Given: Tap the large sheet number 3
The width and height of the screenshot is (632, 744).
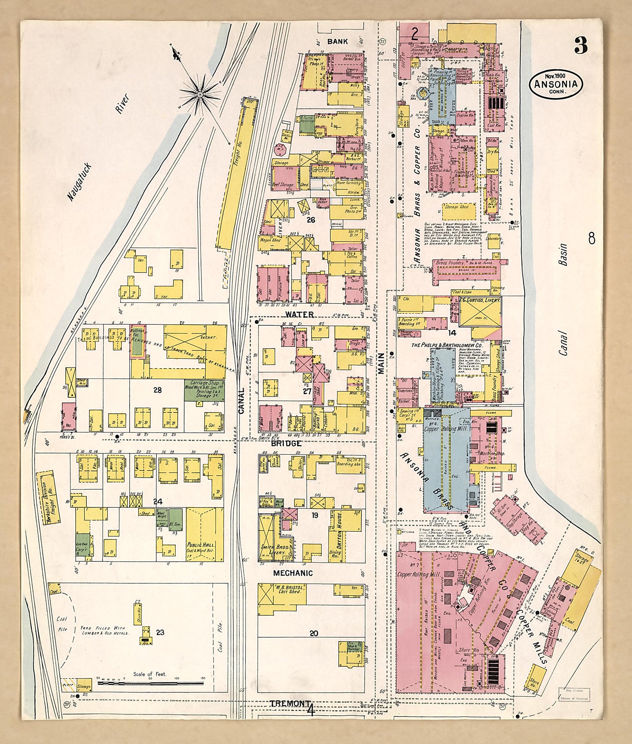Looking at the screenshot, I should tap(581, 46).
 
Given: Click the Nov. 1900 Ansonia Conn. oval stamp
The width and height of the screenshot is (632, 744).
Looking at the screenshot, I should tap(556, 84).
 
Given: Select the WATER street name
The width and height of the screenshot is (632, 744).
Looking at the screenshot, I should tap(299, 314).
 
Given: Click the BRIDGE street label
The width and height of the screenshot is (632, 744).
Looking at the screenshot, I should tap(287, 443).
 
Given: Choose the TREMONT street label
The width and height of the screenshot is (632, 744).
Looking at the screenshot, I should tap(287, 704).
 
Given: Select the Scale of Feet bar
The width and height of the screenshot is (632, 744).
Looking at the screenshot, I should tap(150, 682).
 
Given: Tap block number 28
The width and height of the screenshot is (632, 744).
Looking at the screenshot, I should tap(157, 390).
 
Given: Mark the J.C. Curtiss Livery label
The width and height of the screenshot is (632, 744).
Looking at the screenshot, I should tap(478, 300).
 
